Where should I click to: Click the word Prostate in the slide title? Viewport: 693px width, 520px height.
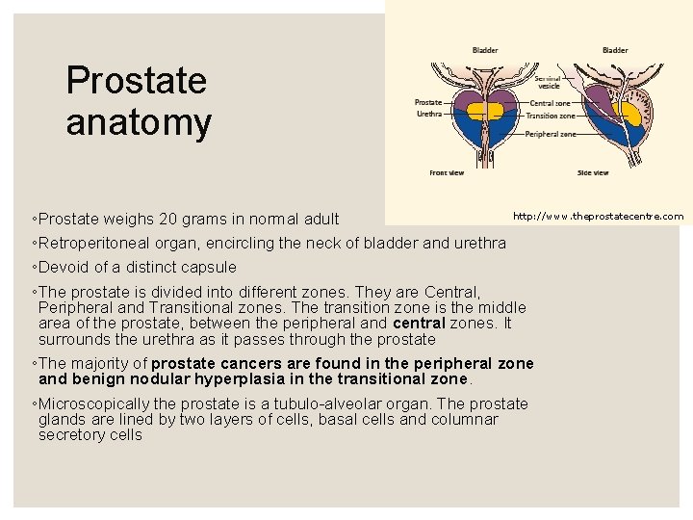tap(136, 81)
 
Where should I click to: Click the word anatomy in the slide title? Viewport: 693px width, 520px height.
tap(139, 123)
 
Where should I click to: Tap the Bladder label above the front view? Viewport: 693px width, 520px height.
tap(485, 50)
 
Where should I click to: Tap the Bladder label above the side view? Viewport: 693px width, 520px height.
tap(615, 50)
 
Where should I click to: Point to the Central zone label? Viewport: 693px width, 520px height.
tap(552, 102)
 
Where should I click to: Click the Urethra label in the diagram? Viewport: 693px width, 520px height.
tap(428, 113)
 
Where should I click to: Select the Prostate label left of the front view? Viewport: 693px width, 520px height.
tap(427, 102)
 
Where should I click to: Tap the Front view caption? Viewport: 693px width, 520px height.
tap(447, 173)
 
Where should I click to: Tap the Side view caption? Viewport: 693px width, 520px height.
tap(592, 173)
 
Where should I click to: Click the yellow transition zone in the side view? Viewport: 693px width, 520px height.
tap(632, 113)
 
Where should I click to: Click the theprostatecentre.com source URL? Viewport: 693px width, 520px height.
tap(598, 217)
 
